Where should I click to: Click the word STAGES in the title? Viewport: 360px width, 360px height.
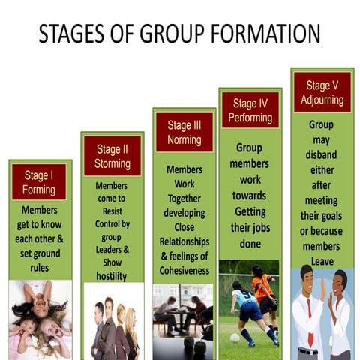(71, 34)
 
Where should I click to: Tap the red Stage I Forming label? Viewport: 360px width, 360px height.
(39, 181)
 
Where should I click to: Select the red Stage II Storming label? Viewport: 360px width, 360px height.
(112, 156)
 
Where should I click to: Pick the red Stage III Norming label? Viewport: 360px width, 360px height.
(184, 131)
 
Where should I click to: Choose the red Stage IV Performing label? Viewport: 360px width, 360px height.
(250, 109)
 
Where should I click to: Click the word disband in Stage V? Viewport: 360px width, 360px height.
(322, 154)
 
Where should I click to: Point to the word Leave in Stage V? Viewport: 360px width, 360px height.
(321, 260)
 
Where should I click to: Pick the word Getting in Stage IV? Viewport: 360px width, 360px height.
(250, 211)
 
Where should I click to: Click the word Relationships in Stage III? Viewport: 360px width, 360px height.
(184, 241)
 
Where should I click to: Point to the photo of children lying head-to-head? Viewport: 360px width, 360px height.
(39, 319)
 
